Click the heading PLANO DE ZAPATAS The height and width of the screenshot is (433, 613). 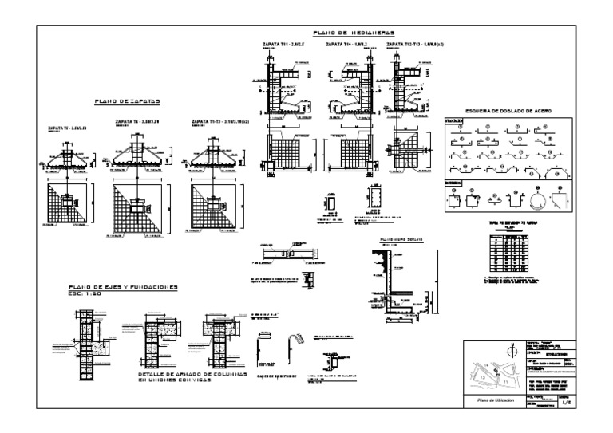(x=128, y=102)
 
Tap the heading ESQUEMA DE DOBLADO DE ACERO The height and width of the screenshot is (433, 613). (x=501, y=109)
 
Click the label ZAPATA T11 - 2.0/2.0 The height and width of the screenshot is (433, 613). (x=280, y=45)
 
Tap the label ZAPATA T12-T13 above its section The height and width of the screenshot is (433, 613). (x=414, y=45)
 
